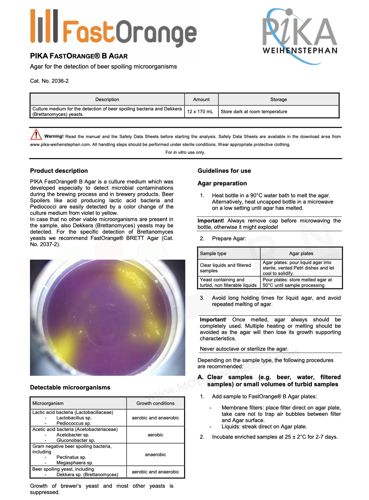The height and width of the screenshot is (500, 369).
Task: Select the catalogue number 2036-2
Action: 60,81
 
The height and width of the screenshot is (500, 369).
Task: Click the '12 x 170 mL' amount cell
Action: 200,112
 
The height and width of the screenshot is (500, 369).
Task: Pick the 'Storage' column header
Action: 278,99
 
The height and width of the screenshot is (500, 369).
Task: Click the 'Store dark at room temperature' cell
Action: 254,112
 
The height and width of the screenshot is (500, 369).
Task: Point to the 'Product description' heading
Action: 59,171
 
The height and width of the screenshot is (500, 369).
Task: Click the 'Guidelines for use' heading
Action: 224,171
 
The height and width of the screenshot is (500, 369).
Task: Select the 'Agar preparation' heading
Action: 222,183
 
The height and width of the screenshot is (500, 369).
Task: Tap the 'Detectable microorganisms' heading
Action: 70,387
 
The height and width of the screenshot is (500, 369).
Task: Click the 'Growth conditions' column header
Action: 155,403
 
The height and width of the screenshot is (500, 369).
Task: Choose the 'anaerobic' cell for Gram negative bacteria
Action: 155,455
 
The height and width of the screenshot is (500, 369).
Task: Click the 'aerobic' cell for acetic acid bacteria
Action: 155,435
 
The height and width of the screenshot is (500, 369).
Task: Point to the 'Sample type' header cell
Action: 213,253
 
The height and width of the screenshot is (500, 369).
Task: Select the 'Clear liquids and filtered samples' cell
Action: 225,268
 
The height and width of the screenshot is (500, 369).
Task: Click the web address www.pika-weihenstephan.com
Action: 60,145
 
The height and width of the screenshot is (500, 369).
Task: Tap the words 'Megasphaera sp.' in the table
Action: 75,463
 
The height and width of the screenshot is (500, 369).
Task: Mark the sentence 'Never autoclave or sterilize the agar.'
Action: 244,349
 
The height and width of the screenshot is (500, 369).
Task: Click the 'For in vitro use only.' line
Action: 185,152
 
